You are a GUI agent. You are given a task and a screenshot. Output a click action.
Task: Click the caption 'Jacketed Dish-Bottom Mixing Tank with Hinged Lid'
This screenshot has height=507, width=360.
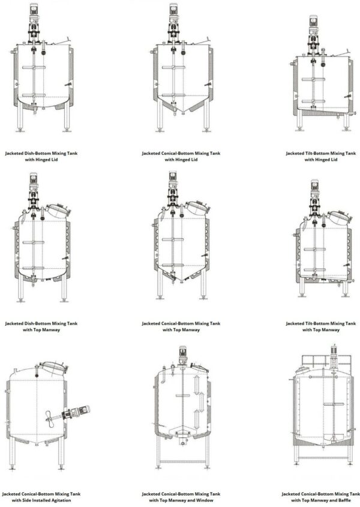pos(41,156)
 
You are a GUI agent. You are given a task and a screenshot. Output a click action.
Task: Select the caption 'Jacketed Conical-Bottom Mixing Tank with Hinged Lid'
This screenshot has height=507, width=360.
pos(181,156)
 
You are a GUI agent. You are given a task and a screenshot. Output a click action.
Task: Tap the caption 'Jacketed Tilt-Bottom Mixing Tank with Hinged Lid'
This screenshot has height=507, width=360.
pos(321,156)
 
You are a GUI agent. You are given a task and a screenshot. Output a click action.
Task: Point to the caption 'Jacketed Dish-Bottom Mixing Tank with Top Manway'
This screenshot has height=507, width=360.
pos(41,326)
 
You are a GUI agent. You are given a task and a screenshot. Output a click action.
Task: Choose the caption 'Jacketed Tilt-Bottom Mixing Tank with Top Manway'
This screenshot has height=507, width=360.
pos(321,326)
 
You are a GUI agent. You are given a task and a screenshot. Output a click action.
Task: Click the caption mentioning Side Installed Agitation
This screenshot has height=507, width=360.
pos(41,497)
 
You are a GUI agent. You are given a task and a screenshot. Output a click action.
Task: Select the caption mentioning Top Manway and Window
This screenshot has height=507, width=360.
pos(181,497)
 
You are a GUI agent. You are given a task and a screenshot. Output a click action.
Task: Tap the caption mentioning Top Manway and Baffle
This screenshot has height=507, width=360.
pos(321,497)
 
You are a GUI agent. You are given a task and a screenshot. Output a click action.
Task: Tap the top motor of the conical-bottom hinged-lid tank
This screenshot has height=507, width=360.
pos(173,11)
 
